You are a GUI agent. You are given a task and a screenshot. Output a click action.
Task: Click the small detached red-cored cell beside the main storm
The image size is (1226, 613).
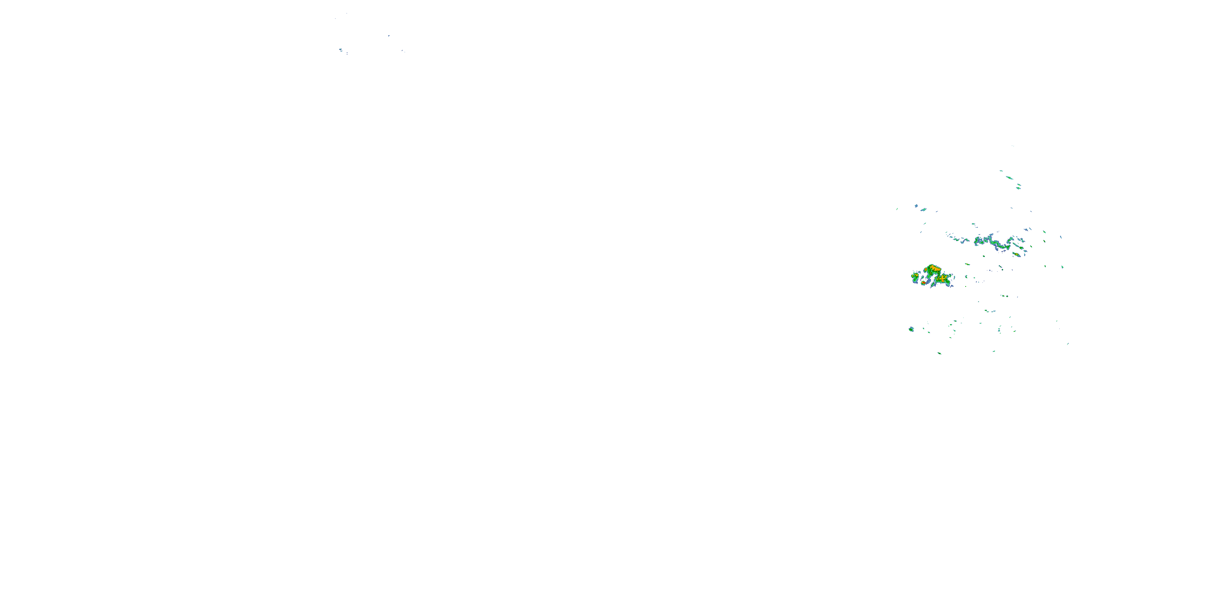(x=923, y=283)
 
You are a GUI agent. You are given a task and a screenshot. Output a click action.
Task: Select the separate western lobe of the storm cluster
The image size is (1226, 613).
(x=915, y=276)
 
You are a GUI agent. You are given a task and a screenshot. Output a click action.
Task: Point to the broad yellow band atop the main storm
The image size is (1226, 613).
(x=933, y=268)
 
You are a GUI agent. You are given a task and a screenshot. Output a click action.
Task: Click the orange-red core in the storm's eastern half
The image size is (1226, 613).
(x=943, y=277)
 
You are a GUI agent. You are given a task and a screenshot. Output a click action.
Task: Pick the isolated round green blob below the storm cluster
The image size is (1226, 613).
(x=911, y=329)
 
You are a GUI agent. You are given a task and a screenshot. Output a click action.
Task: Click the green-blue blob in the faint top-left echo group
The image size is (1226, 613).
(x=341, y=49)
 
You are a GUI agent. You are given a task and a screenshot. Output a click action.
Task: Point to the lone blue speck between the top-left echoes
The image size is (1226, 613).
(x=389, y=36)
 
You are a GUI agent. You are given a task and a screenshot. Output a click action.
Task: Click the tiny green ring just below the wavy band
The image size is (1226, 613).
(x=984, y=256)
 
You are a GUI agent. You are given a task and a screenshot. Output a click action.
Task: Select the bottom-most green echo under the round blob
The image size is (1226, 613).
(x=939, y=353)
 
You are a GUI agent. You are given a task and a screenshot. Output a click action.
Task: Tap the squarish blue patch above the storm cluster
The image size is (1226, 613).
(x=916, y=206)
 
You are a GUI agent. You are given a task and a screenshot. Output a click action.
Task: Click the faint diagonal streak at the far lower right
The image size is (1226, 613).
(x=1068, y=344)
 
